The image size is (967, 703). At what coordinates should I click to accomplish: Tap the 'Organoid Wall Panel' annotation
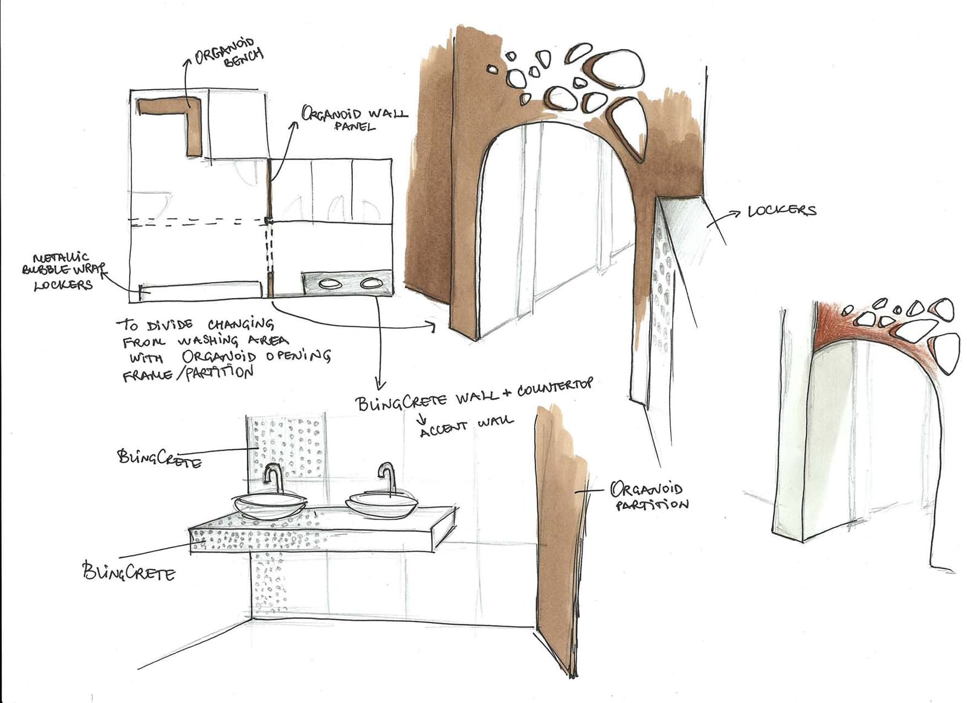354,118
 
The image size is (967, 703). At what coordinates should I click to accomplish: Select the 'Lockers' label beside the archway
782,211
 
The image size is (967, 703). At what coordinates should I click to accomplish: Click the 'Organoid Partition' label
649,497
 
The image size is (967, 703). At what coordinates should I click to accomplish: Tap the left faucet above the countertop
273,478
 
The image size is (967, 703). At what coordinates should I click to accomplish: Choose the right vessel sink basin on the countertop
382,505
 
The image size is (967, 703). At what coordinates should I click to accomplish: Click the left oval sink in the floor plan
330,284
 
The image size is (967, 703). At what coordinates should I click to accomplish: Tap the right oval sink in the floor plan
371,283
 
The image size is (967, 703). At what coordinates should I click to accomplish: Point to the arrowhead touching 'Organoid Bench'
187,62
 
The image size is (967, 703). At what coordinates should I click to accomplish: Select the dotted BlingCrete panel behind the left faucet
286,447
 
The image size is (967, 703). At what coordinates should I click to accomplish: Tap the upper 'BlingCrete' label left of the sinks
160,459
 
